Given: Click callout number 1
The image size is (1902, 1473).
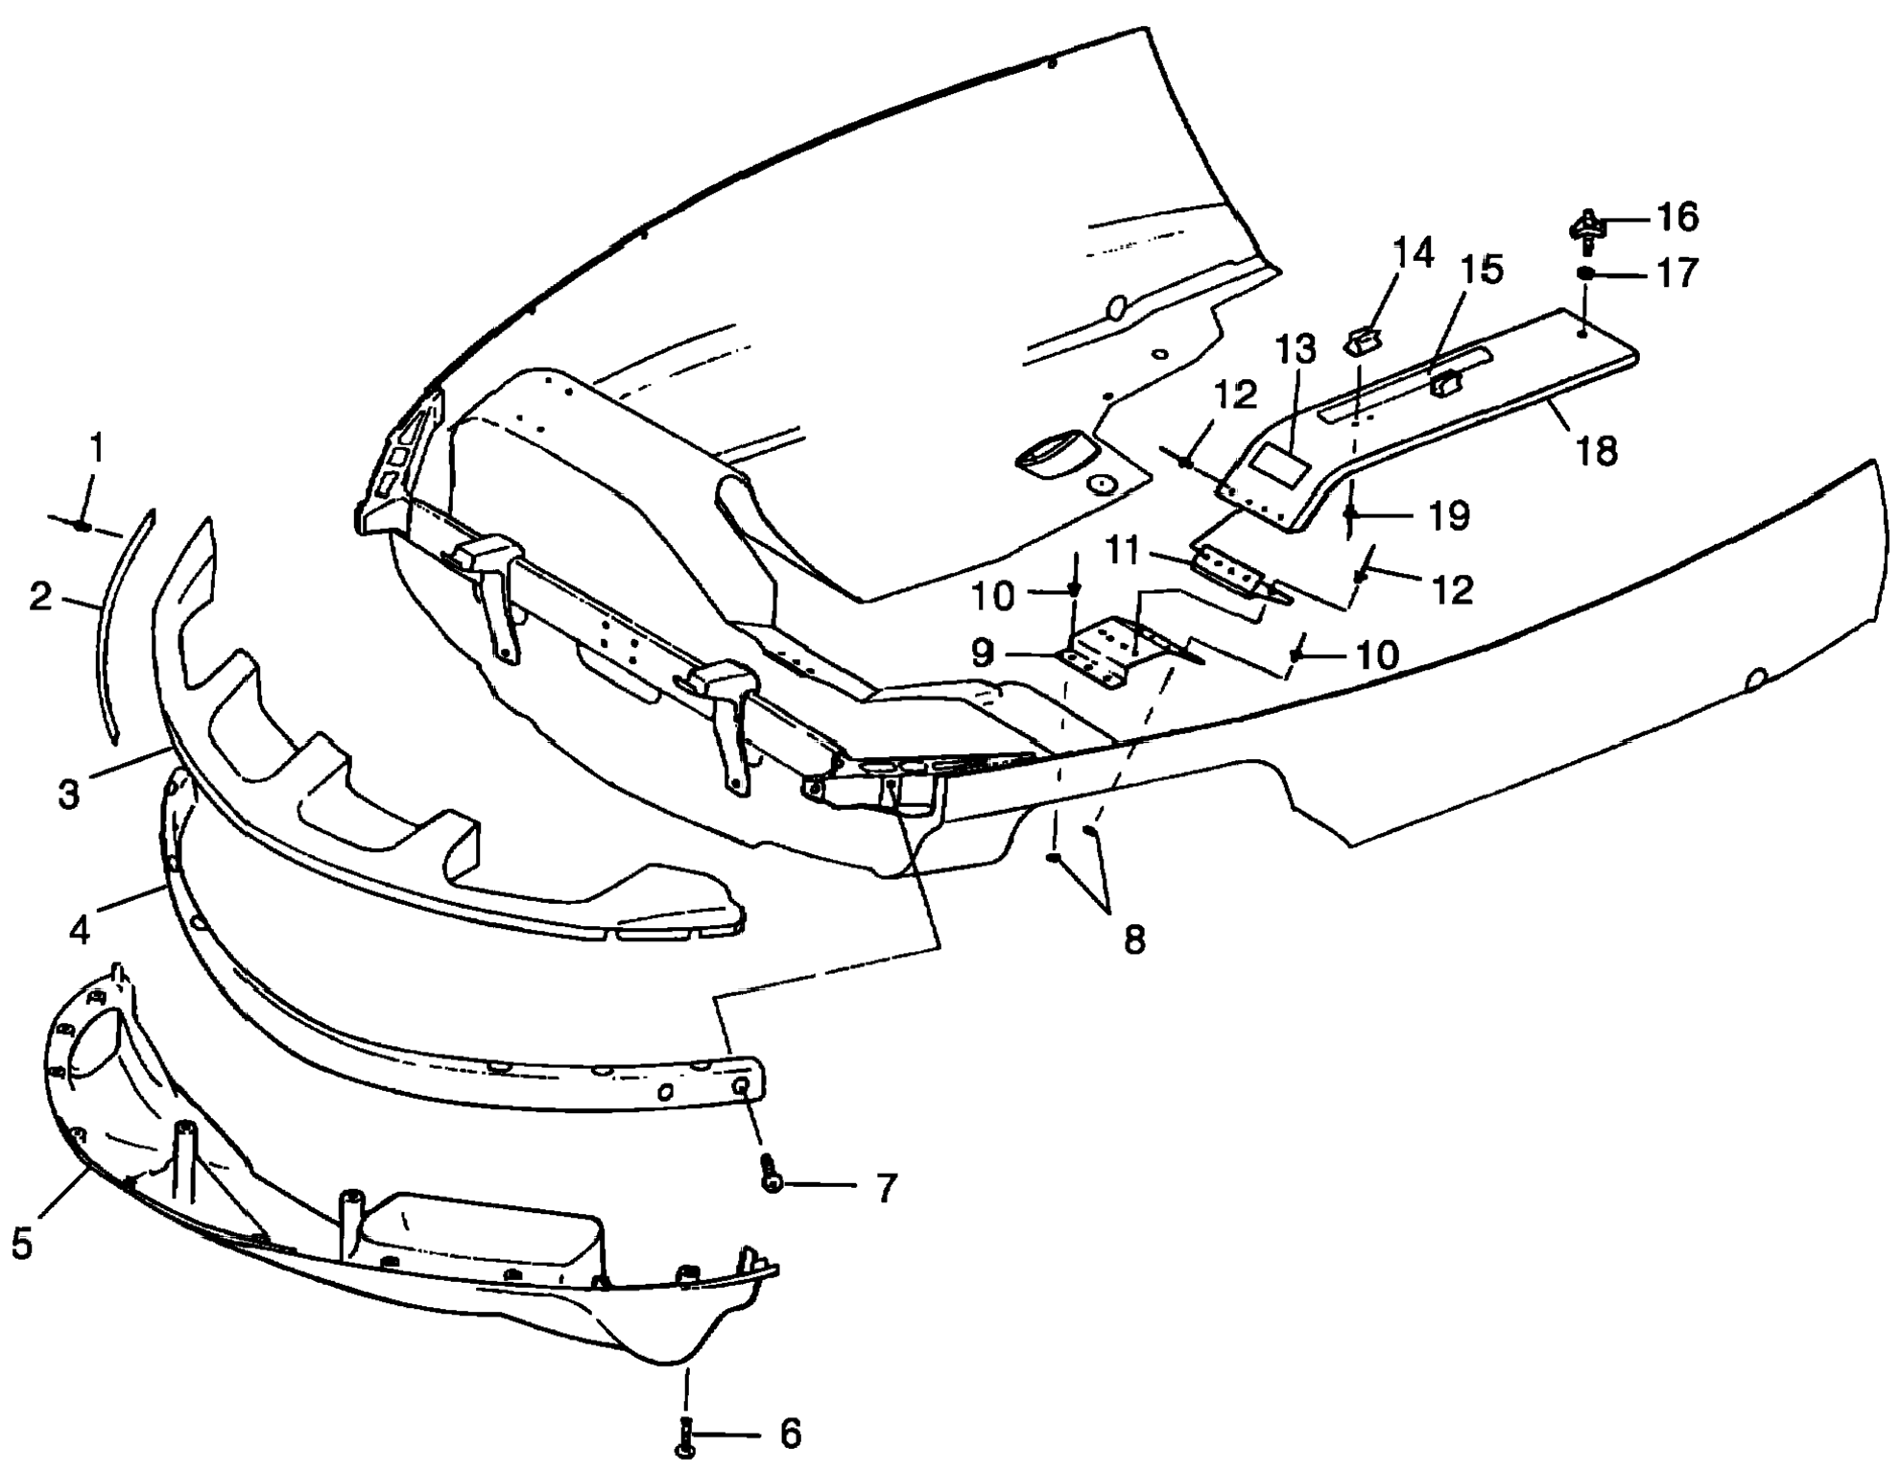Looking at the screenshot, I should coord(96,448).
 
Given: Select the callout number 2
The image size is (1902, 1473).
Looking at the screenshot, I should coord(40,597).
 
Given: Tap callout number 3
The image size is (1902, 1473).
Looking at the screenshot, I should coord(69,795).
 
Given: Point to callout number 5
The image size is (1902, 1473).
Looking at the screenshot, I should coord(22,1245).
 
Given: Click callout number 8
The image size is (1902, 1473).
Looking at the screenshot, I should coord(1134,940).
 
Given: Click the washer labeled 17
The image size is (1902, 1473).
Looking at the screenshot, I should coord(1587,273).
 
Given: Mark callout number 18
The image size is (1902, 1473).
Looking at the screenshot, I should coord(1597,451).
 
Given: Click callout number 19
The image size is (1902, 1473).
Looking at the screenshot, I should coord(1449,516).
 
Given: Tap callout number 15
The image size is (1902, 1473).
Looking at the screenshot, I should coord(1483,271).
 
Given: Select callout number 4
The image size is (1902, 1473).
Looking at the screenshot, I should coord(80,930).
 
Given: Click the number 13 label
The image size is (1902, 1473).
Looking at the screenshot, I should coord(1296,351).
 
